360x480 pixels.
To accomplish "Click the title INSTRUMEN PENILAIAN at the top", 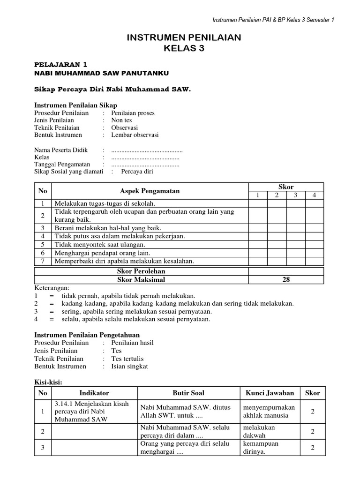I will point(184,38).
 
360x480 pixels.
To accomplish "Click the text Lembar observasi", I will point(135,135).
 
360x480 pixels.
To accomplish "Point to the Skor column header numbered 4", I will point(314,195).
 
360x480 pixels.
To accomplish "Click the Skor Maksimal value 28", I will point(286,280).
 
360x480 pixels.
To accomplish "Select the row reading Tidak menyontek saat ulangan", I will point(100,245).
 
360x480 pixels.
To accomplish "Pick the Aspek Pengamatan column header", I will point(150,191).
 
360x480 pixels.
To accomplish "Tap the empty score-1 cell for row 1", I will point(257,203).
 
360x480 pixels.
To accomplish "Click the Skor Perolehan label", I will point(141,271).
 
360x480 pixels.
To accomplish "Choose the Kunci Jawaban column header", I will point(270,393).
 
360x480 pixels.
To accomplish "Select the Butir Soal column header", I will point(188,393).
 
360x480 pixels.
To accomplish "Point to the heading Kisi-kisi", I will point(49,382).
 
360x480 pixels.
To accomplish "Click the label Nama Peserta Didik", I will point(61,150).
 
